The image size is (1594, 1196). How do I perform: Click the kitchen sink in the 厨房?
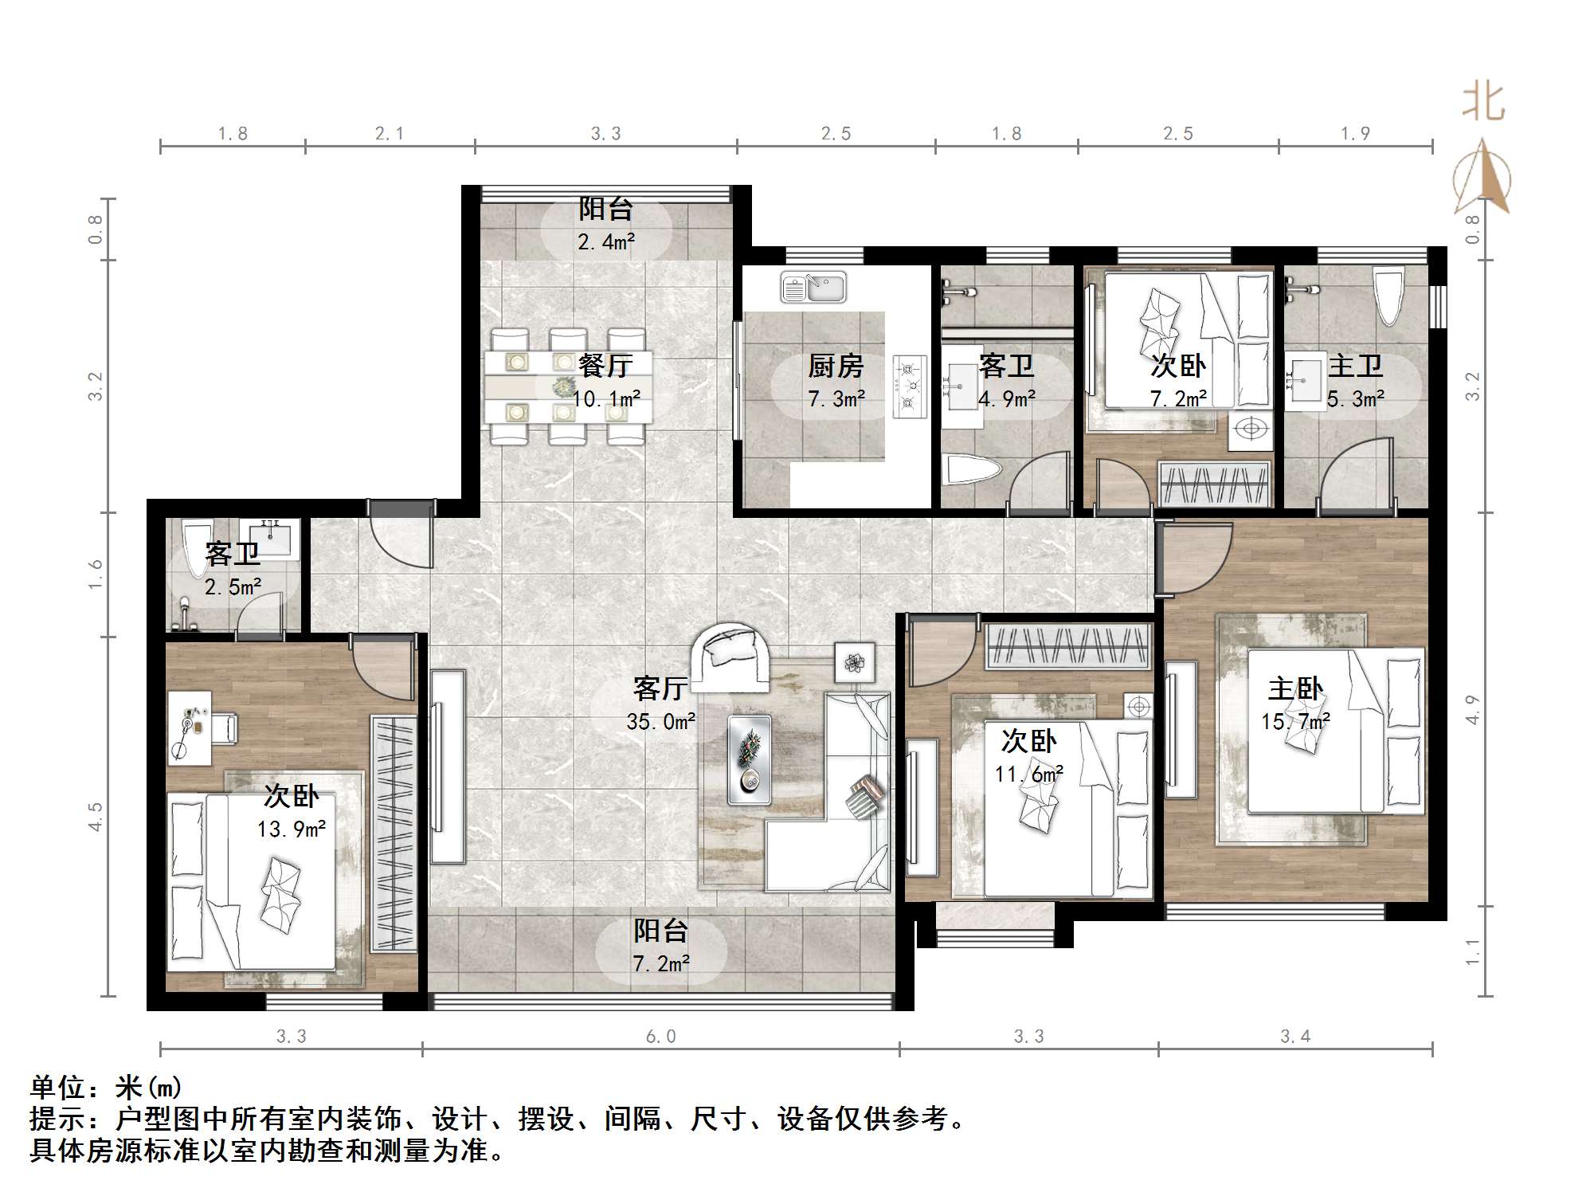[x=813, y=288]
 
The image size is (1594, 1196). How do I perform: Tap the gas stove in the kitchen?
[x=910, y=386]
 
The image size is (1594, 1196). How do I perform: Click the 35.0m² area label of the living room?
[x=661, y=722]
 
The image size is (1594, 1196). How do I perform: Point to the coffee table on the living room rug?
[x=749, y=759]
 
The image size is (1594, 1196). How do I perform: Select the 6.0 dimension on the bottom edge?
[x=660, y=1037]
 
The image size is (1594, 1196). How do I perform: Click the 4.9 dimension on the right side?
[x=1472, y=710]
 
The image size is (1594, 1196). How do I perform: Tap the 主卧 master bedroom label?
[x=1295, y=688]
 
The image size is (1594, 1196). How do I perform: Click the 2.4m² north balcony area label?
[x=606, y=241]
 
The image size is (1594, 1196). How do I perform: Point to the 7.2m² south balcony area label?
[x=661, y=964]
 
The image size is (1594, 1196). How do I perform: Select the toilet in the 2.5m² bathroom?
[x=195, y=547]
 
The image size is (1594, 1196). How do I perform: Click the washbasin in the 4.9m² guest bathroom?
[x=961, y=387]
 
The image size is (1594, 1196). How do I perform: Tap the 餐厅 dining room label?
[x=606, y=366]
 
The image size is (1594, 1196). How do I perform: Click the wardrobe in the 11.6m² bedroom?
[x=1068, y=646]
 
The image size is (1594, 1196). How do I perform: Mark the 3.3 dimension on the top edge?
[x=605, y=134]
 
